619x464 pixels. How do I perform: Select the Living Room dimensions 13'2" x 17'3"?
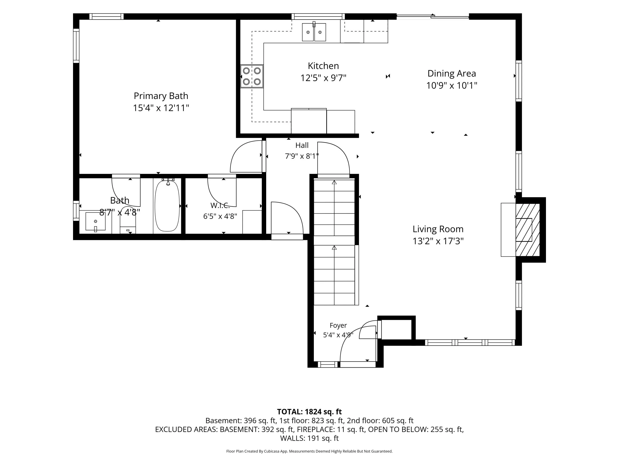[x=438, y=241]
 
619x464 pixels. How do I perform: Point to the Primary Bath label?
[x=161, y=96]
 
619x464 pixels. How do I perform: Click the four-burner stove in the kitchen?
[x=252, y=76]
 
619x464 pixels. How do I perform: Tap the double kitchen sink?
[x=314, y=32]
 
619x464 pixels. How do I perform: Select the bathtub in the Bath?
[x=167, y=206]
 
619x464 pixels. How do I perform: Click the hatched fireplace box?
[x=528, y=230]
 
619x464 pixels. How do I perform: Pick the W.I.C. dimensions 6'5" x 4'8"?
[x=220, y=216]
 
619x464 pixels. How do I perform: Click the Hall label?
[x=302, y=145]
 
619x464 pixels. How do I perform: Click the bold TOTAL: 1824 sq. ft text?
[x=309, y=412]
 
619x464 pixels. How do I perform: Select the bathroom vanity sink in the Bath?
[x=95, y=221]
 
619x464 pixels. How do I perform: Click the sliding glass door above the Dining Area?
[x=433, y=16]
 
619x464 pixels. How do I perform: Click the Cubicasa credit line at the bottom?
[x=309, y=451]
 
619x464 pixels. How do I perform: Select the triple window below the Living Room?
[x=470, y=342]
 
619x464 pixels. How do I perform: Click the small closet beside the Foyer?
[x=396, y=330]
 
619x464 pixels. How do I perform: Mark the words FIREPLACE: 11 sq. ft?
[x=331, y=429]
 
